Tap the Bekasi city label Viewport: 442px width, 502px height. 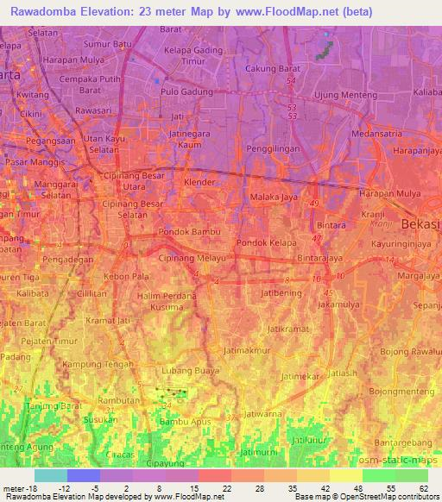click(421, 223)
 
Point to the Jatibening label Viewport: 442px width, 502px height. click(279, 292)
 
